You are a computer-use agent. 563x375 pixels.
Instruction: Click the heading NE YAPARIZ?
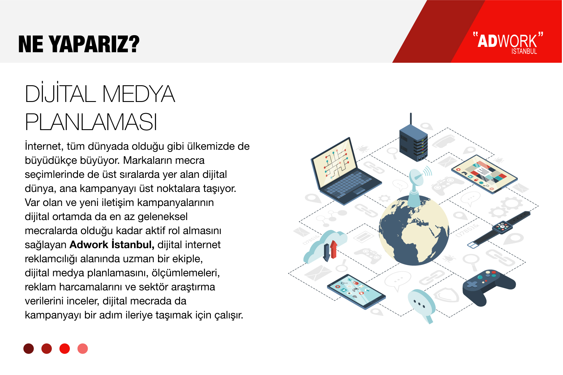pyautogui.click(x=79, y=44)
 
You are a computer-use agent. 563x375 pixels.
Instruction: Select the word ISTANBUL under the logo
pyautogui.click(x=524, y=51)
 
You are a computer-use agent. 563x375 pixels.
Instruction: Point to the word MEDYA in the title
pyautogui.click(x=138, y=94)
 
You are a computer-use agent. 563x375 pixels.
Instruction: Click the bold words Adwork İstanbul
pyautogui.click(x=112, y=244)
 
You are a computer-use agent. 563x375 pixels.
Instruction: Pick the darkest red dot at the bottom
pyautogui.click(x=29, y=348)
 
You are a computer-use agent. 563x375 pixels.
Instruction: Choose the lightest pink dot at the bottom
pyautogui.click(x=83, y=348)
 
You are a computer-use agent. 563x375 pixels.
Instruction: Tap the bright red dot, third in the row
pyautogui.click(x=65, y=348)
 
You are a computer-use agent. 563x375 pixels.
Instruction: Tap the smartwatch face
pyautogui.click(x=502, y=227)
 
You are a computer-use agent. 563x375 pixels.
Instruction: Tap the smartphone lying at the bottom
pyautogui.click(x=356, y=291)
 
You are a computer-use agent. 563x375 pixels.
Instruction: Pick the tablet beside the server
pyautogui.click(x=484, y=174)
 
